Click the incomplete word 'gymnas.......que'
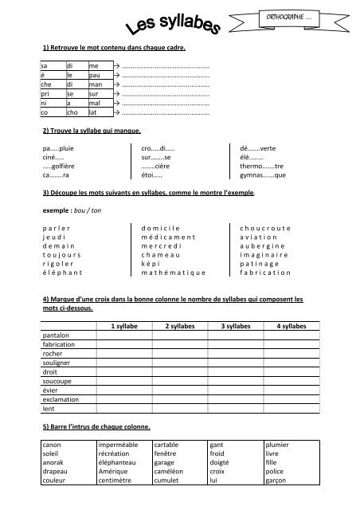click(x=262, y=175)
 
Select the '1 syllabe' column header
click(x=123, y=326)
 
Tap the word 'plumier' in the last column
click(x=277, y=443)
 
